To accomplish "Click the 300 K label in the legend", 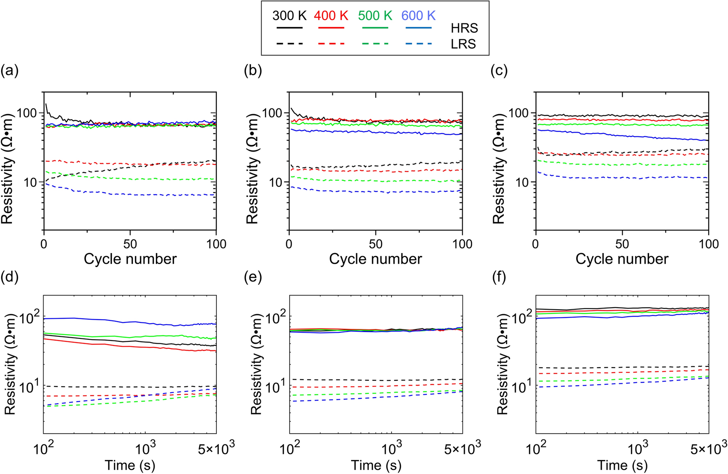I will click(289, 16).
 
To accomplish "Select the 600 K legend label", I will click(418, 16).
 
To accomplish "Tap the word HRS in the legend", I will click(464, 28).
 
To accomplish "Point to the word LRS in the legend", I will click(463, 44).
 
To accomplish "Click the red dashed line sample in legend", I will click(331, 43).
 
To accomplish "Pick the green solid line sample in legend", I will click(375, 28).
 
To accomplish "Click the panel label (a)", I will click(9, 71).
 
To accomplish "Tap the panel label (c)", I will click(499, 71).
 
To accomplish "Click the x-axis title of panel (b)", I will click(375, 259).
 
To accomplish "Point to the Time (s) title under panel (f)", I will click(622, 465).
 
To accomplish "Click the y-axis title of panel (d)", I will click(10, 364).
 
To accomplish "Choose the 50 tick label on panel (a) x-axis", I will click(130, 244).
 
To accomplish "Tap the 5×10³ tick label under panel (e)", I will click(462, 449).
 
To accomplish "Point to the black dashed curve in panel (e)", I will click(370, 380).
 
